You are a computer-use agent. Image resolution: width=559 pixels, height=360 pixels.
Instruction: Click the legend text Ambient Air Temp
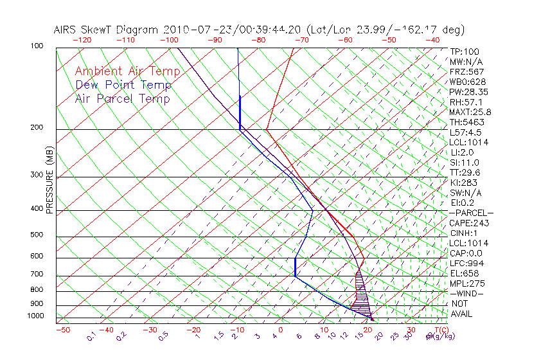click(127, 71)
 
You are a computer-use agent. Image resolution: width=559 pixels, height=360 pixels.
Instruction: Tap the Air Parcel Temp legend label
click(122, 98)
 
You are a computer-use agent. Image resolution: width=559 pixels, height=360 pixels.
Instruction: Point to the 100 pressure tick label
click(36, 46)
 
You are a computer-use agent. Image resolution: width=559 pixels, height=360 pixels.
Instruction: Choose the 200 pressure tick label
click(36, 128)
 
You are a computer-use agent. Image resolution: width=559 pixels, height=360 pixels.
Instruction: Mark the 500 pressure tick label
click(36, 235)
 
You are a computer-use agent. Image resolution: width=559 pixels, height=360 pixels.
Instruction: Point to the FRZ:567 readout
click(467, 72)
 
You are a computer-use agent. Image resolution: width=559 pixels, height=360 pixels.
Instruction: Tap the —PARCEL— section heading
click(472, 213)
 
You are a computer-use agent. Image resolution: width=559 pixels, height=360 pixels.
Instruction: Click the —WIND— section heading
click(467, 293)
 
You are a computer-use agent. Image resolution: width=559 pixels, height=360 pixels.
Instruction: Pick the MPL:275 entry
click(467, 283)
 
